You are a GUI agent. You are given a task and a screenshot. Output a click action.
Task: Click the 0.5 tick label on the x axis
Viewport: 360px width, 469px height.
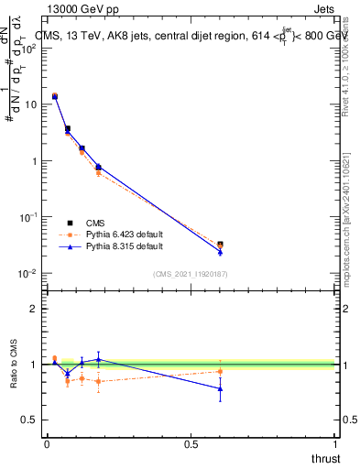[x=191, y=443]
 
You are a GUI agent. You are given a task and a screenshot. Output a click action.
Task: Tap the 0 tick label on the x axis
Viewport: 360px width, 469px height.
[x=47, y=443]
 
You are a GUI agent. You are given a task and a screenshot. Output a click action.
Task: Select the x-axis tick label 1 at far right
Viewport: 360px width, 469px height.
[x=335, y=443]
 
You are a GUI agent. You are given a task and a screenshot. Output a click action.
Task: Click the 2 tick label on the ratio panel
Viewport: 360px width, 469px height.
[x=33, y=309]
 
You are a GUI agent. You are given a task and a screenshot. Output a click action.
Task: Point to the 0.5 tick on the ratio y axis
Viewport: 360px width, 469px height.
[x=29, y=420]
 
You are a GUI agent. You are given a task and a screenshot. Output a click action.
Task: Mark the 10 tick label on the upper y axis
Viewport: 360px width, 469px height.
[x=30, y=104]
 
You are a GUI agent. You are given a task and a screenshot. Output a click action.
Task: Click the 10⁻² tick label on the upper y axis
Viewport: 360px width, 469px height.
[x=27, y=274]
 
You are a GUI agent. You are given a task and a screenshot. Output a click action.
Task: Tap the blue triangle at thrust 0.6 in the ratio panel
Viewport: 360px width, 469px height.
[x=220, y=388]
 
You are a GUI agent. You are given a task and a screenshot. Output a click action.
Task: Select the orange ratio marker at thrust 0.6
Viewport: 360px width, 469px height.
[x=220, y=371]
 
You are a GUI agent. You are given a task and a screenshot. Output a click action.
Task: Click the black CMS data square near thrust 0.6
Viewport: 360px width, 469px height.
[x=220, y=245]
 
